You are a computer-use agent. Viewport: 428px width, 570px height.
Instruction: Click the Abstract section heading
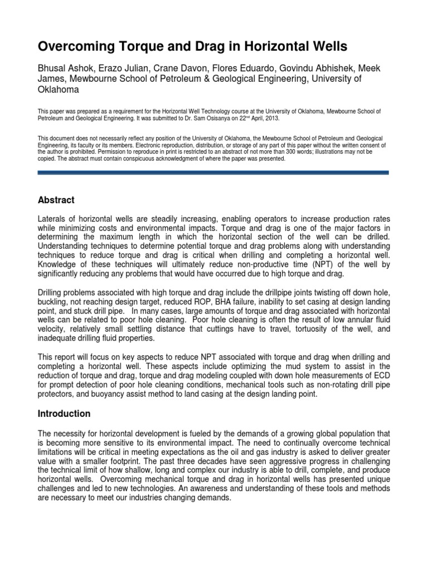56,200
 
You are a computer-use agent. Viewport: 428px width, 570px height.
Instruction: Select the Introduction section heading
65,414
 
